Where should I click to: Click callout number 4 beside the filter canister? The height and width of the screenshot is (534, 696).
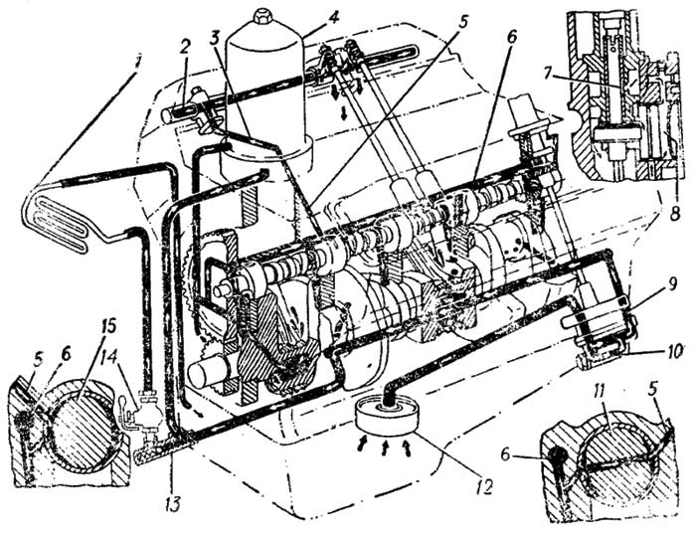click(x=332, y=18)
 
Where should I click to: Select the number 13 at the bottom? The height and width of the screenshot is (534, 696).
click(x=174, y=503)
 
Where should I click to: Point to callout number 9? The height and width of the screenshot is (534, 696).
click(x=672, y=284)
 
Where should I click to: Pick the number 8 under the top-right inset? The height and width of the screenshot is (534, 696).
click(x=675, y=214)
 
